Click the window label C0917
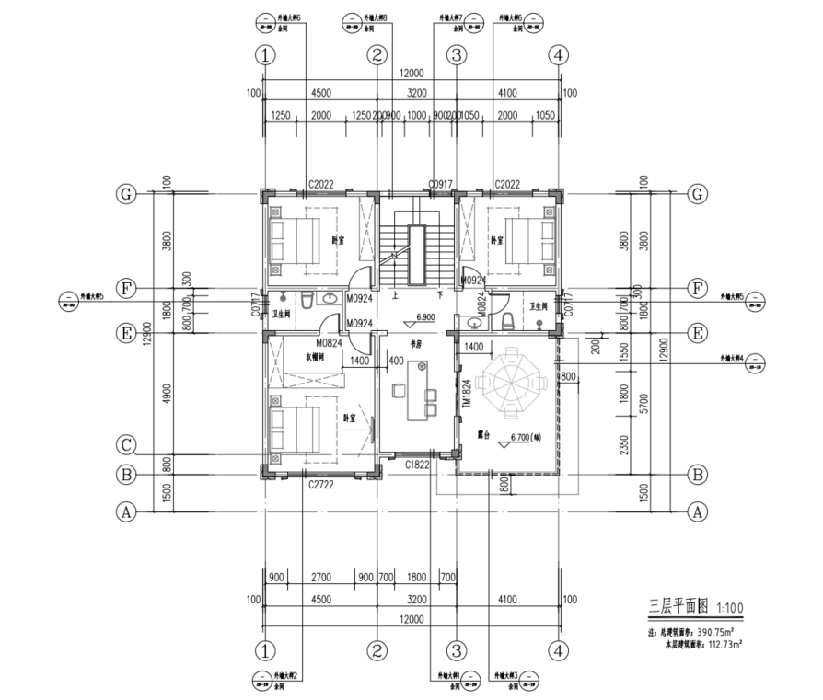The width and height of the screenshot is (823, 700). click(441, 185)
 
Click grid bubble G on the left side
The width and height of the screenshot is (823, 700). click(125, 194)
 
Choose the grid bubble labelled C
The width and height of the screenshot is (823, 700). click(127, 445)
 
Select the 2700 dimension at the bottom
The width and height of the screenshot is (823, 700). click(321, 577)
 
